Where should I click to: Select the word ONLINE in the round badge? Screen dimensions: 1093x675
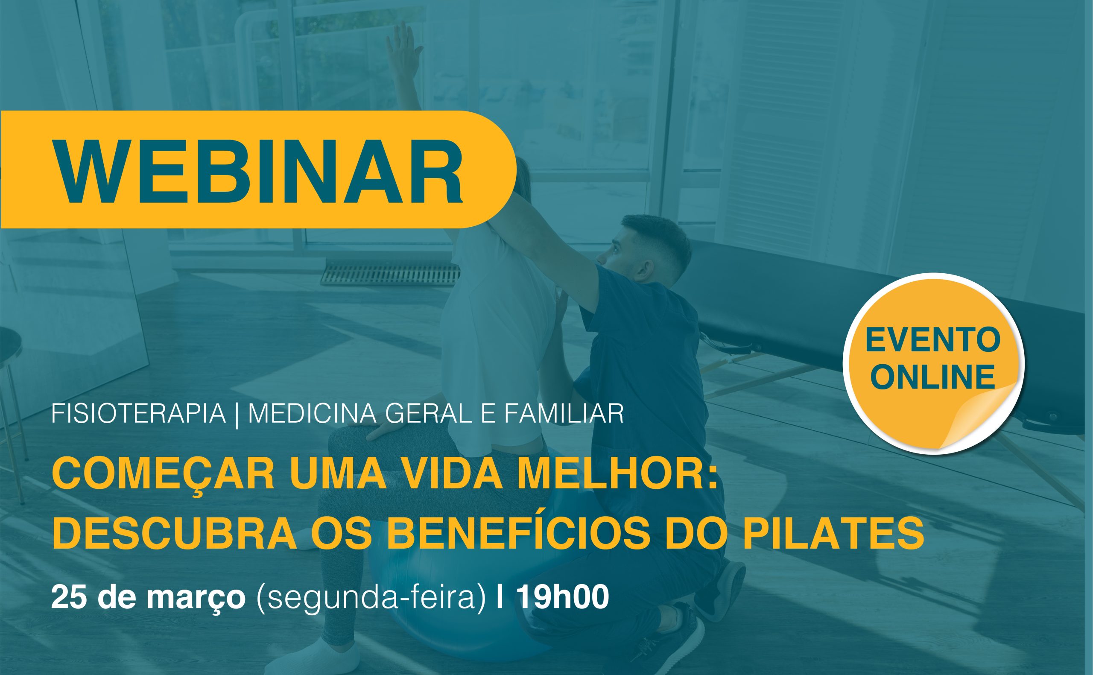pyautogui.click(x=933, y=376)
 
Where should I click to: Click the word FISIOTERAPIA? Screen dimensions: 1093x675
pyautogui.click(x=138, y=413)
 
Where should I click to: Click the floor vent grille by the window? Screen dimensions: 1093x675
pyautogui.click(x=390, y=274)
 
